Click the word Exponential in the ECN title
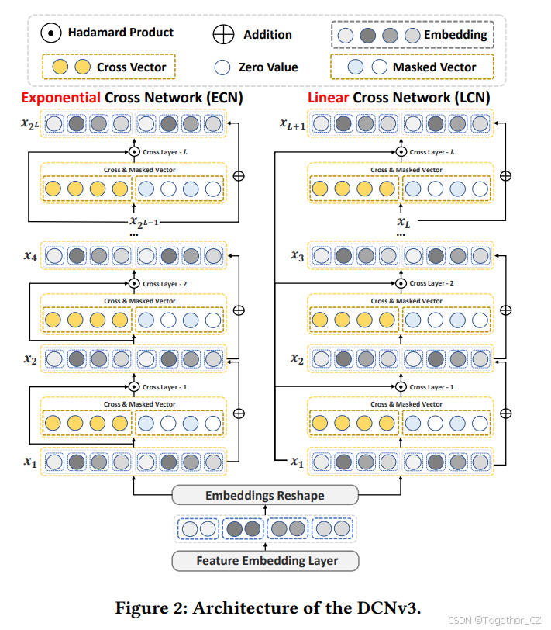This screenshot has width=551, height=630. (x=60, y=98)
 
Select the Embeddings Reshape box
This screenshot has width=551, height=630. (x=264, y=496)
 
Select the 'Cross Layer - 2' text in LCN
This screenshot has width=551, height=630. (x=431, y=284)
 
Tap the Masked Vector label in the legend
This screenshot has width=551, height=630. (x=434, y=67)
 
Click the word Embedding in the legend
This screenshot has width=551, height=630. (x=455, y=34)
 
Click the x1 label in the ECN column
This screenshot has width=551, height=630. (x=29, y=462)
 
